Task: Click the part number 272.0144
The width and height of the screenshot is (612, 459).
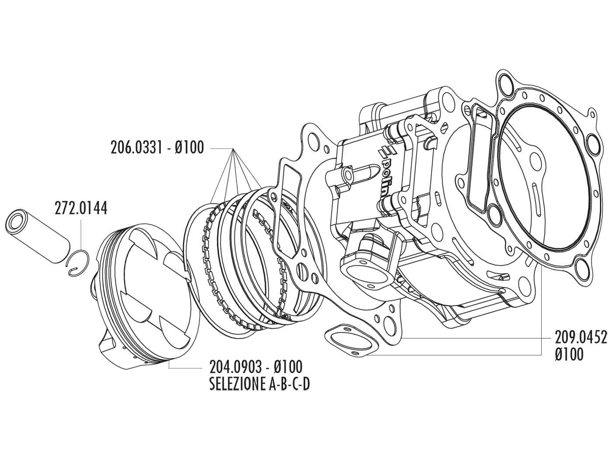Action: pos(81,208)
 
